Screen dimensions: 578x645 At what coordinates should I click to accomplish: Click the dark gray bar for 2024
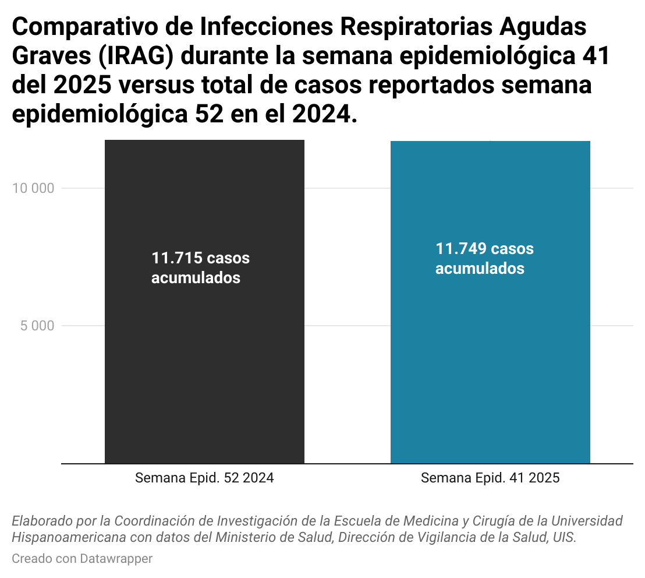tap(204, 361)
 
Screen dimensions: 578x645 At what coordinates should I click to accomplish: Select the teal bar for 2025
tap(490, 361)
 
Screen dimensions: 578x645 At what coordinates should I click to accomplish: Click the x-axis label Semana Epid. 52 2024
tap(204, 478)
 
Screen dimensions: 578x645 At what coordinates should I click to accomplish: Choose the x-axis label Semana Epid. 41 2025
tap(490, 478)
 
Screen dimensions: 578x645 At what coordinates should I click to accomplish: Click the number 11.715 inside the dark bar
tap(176, 258)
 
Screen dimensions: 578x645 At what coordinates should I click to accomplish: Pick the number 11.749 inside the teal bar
tap(461, 249)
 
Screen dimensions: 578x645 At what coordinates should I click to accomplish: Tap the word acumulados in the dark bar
tap(196, 278)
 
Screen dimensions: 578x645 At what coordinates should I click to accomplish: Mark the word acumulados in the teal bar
tap(480, 269)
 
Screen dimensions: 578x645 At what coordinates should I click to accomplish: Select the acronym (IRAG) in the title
tap(135, 56)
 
